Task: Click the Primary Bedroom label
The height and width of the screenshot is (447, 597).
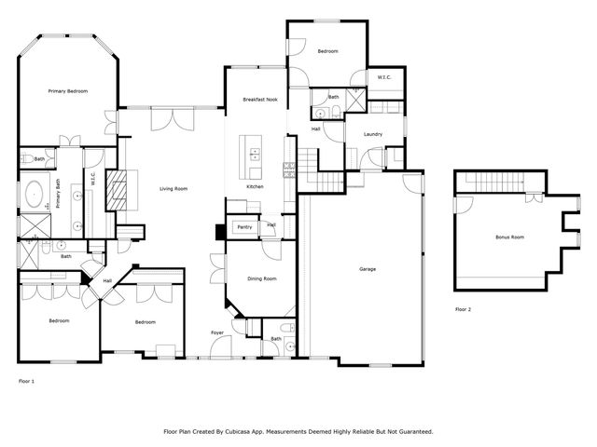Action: coord(68,91)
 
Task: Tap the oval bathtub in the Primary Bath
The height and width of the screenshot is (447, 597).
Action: coord(34,196)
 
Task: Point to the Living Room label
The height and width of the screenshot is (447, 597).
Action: coord(174,189)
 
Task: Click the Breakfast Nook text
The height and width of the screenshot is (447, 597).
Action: coord(260,99)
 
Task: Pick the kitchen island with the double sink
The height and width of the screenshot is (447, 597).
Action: coord(253,155)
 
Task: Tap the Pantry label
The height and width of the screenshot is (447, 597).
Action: coord(245,226)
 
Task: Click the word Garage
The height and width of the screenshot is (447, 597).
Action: coord(368,269)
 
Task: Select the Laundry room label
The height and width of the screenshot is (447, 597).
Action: coord(374,135)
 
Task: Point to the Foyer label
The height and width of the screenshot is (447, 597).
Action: coord(216,332)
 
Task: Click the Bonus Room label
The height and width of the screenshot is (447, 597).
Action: coord(508,237)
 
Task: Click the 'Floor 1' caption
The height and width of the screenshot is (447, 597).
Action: coord(27,381)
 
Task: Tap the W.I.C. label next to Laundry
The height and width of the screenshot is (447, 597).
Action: coord(384,77)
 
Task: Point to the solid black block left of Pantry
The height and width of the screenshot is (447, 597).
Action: coord(220,231)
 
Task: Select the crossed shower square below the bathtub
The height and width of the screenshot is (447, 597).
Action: coord(34,223)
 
